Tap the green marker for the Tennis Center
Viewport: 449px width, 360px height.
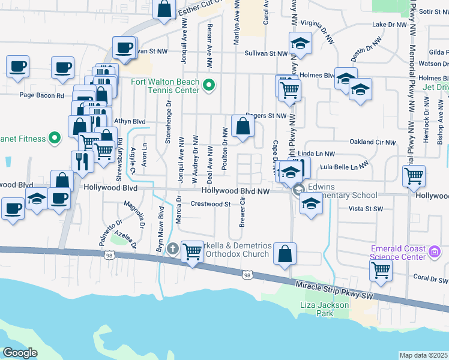[209, 85]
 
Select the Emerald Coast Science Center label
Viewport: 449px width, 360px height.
[398, 253]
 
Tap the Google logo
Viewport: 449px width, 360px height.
[20, 352]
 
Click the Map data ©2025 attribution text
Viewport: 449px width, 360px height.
[423, 355]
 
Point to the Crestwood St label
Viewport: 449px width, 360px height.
[211, 204]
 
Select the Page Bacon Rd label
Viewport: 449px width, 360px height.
[41, 95]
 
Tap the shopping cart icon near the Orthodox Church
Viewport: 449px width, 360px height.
[192, 252]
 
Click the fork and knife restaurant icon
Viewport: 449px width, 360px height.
[82, 161]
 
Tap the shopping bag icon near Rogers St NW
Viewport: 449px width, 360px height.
[243, 126]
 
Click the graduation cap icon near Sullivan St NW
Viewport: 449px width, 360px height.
[300, 43]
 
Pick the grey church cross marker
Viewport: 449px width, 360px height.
[173, 248]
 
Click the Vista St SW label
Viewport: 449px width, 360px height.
[366, 208]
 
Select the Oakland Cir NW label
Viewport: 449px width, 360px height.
[373, 142]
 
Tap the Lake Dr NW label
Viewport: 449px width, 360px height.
[390, 25]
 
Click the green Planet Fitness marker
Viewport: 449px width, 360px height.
[54, 139]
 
